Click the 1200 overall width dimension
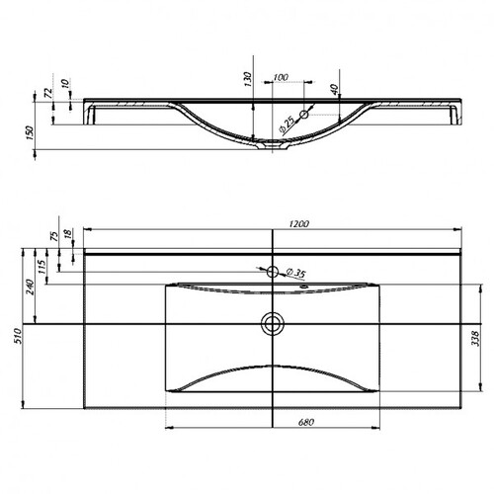point(299,224)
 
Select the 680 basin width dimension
point(306,422)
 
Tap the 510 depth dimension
point(18,336)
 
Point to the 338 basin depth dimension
point(475,339)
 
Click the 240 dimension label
point(30,287)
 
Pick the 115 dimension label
point(41,267)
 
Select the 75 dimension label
point(54,236)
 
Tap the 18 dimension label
point(67,233)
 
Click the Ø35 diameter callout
point(295,273)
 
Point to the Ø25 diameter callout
point(288,124)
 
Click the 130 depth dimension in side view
point(248,79)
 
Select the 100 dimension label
point(281,77)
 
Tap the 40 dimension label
point(334,89)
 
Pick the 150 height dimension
point(30,132)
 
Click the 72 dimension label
point(48,93)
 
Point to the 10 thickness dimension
point(66,83)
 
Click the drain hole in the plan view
point(273,324)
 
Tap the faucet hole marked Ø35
point(273,272)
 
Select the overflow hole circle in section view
point(304,115)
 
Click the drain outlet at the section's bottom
point(273,144)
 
